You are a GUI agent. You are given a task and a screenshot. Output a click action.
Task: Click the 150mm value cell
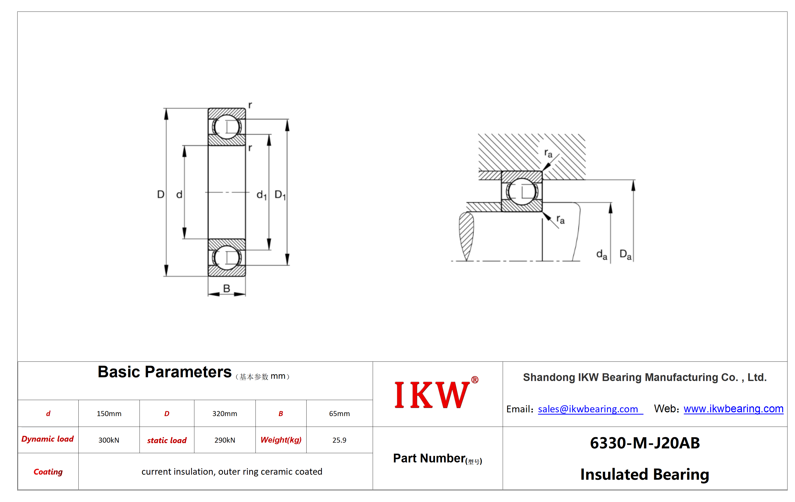tap(109, 414)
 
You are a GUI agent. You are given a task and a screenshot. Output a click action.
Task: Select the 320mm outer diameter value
tap(224, 414)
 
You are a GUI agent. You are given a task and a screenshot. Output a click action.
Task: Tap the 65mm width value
tap(339, 414)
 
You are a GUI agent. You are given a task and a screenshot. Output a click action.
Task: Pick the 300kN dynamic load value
tap(109, 440)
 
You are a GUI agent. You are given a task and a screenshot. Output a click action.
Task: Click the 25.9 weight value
tap(339, 440)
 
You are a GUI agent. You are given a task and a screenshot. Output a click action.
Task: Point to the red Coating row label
tap(48, 472)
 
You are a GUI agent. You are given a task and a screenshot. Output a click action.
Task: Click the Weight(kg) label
tap(281, 440)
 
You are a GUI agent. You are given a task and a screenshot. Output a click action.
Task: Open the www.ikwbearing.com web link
tap(733, 409)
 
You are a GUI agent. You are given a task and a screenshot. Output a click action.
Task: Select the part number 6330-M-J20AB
tap(645, 443)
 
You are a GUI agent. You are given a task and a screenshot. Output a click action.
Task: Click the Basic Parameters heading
tap(164, 372)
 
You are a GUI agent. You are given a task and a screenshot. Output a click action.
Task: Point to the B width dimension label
tap(226, 288)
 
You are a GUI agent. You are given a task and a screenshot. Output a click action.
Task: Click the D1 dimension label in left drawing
tap(280, 195)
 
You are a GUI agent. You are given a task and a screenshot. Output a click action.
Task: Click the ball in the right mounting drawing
tap(522, 192)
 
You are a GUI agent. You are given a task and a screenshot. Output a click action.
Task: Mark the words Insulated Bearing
tap(645, 475)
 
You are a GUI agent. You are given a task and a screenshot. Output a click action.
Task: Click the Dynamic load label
tap(48, 439)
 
